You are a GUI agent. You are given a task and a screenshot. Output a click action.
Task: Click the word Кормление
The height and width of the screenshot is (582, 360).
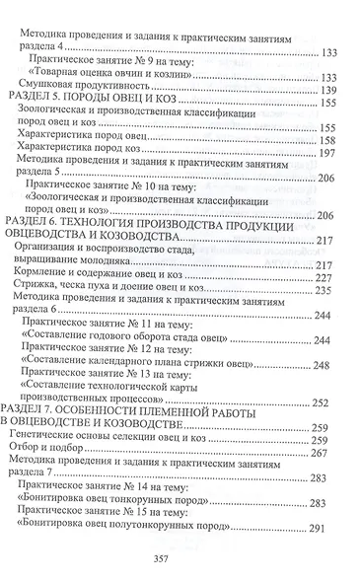[46, 278]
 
